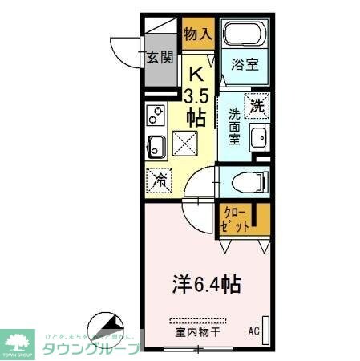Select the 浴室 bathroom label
pos(245,65)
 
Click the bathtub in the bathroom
pos(245,34)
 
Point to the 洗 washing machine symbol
pos(257,104)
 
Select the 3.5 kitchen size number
pos(196,97)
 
